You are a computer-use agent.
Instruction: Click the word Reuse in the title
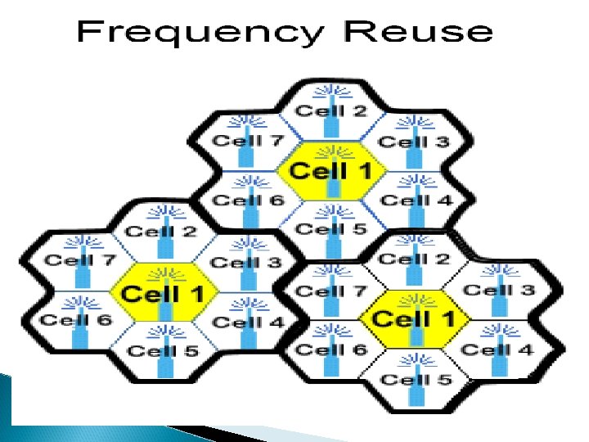(x=419, y=33)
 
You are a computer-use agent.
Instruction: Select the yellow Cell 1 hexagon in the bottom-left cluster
(x=164, y=291)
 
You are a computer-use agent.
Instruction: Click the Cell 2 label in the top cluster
(x=330, y=110)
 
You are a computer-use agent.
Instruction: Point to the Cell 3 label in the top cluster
(x=414, y=142)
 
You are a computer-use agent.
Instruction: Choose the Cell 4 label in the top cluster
(x=416, y=200)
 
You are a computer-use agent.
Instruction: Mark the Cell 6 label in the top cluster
(x=248, y=200)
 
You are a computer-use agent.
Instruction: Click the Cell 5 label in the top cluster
(x=330, y=229)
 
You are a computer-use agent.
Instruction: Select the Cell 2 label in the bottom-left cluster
(x=162, y=231)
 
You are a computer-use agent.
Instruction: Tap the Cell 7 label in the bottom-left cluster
(x=79, y=260)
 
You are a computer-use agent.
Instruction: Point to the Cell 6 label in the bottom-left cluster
(x=75, y=319)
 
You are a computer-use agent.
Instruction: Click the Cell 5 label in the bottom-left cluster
(x=164, y=350)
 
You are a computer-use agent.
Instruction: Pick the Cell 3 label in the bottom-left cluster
(x=246, y=262)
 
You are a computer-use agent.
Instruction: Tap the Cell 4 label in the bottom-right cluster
(x=497, y=350)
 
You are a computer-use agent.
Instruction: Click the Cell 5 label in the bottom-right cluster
(x=416, y=379)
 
